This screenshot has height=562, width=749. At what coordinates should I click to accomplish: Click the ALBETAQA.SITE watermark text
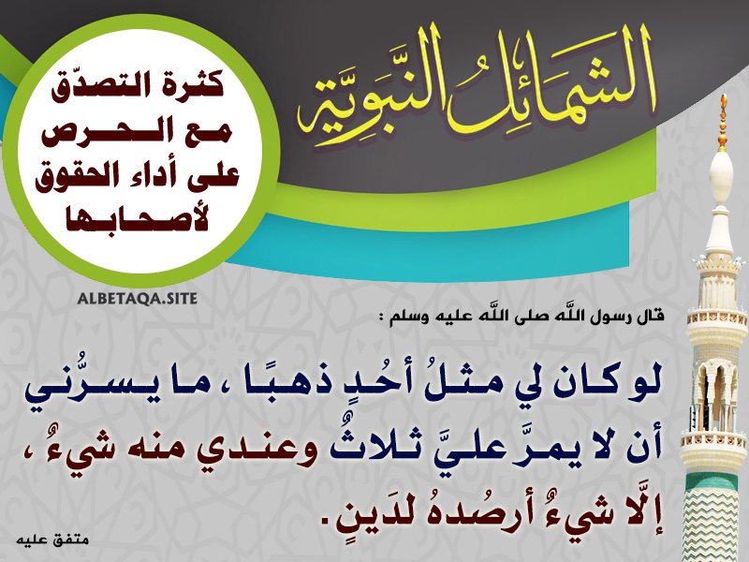pyautogui.click(x=137, y=299)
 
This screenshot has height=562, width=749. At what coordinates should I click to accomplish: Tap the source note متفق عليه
pyautogui.click(x=52, y=540)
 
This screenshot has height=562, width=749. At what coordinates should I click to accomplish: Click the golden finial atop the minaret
pyautogui.click(x=723, y=122)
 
